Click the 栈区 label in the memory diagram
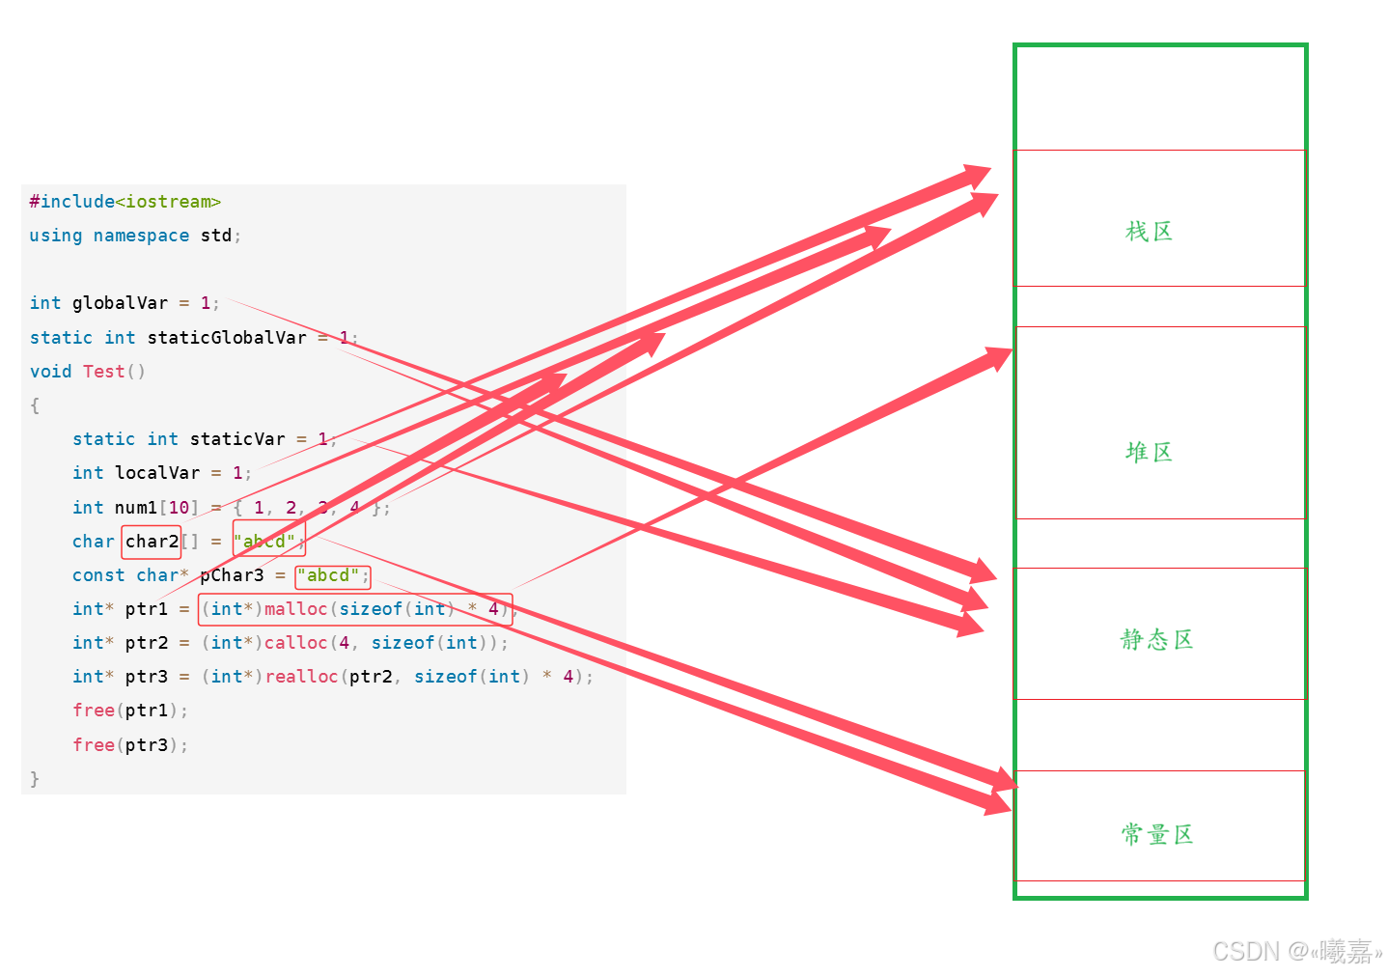click(1149, 232)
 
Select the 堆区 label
click(1149, 452)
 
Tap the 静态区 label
click(1156, 639)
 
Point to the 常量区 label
click(1156, 834)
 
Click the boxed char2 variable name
click(152, 542)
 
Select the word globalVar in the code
click(120, 303)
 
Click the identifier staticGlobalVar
click(227, 338)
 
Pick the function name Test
click(103, 372)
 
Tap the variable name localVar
click(157, 473)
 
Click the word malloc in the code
click(295, 609)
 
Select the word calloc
click(295, 643)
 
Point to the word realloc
click(301, 677)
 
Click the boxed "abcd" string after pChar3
click(333, 576)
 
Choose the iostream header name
click(168, 202)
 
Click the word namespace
click(141, 236)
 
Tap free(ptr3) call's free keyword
click(94, 745)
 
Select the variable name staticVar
click(237, 439)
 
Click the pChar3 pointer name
click(232, 575)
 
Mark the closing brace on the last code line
click(35, 779)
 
